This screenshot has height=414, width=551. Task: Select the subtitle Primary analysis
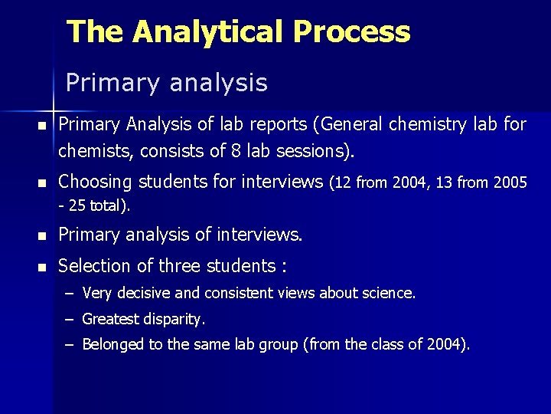pos(167,83)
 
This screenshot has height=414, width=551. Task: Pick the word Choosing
pos(96,182)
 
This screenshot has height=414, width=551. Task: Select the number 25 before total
pos(78,205)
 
